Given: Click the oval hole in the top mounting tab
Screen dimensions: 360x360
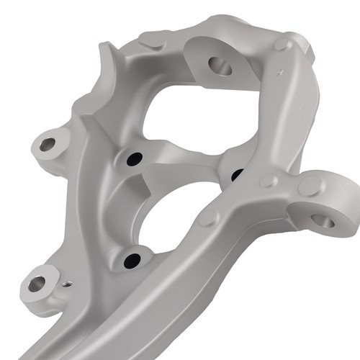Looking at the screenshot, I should pos(220,66).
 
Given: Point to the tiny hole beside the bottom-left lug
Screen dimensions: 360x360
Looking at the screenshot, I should pos(67,284).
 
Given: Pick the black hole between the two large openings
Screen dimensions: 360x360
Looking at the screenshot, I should pos(133,159).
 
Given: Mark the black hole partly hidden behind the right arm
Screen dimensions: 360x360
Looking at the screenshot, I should pos(236,174).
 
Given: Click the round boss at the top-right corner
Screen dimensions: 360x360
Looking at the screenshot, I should pos(281,45).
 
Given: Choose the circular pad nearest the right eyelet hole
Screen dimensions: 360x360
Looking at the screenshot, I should pos(310,186).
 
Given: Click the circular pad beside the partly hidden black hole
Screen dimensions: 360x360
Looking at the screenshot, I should pos(267,180).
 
